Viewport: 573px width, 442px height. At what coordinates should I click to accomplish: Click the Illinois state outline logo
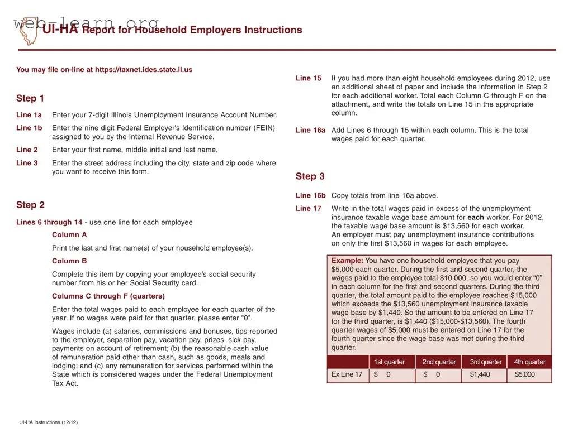[27, 31]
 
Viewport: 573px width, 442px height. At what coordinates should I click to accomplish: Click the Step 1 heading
[30, 99]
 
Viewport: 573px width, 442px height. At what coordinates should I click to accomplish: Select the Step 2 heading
[30, 205]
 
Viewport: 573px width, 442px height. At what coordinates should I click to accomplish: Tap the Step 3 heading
[310, 177]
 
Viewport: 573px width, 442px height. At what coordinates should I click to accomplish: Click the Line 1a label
[29, 115]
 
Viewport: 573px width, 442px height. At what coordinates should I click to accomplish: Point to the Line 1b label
[29, 128]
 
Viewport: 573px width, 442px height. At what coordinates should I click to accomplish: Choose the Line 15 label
[309, 79]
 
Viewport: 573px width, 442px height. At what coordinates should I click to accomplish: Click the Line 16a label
[310, 131]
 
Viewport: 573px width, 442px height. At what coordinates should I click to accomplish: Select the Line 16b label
[310, 196]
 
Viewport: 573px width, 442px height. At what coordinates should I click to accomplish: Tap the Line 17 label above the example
[309, 209]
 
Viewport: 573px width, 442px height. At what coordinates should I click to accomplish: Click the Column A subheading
[69, 235]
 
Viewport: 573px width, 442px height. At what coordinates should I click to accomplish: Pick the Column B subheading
[69, 261]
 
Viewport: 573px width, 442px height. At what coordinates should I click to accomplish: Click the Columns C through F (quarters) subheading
[108, 296]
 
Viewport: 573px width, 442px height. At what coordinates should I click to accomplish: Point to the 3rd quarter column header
[485, 362]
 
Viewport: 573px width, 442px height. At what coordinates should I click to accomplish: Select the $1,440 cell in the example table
[480, 374]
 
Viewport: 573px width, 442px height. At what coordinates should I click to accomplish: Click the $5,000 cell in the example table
[524, 374]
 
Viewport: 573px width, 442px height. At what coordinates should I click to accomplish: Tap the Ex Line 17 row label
[347, 374]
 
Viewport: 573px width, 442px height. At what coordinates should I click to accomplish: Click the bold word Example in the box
[347, 261]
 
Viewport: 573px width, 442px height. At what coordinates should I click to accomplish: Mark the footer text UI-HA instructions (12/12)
[48, 422]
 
